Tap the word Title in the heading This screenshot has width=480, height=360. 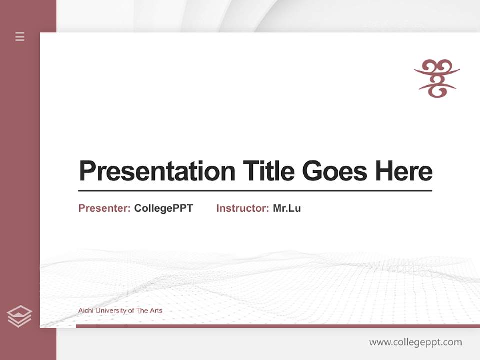tap(269, 171)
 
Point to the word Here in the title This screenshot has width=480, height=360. tap(404, 171)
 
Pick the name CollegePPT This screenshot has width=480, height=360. tap(163, 208)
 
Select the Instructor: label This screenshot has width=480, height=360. tap(243, 208)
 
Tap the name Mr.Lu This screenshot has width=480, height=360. tap(287, 208)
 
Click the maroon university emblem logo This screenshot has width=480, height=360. tap(436, 78)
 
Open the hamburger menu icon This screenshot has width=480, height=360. tap(20, 36)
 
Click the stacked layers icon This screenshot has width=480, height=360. tap(19, 316)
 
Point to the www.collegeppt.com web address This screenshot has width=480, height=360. tap(415, 342)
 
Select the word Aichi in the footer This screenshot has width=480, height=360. tap(86, 311)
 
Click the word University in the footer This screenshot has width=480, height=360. tap(111, 311)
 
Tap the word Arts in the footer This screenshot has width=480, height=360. tap(156, 311)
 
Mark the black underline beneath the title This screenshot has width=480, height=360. tap(255, 190)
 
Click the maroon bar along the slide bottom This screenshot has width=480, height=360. tap(277, 326)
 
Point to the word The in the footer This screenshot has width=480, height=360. tap(142, 311)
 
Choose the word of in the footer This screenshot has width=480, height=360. tap(131, 311)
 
